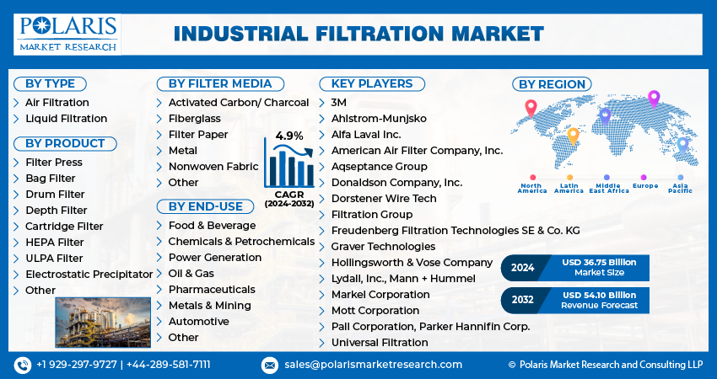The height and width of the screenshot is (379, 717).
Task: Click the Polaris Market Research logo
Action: [67, 33]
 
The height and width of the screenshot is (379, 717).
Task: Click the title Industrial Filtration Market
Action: [358, 34]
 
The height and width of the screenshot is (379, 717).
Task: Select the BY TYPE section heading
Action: [50, 83]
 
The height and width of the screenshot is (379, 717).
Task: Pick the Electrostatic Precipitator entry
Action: [89, 275]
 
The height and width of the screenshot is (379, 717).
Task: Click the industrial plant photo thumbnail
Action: [102, 323]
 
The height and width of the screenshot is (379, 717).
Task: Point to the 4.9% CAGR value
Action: [289, 136]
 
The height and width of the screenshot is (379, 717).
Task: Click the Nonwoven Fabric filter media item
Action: [213, 167]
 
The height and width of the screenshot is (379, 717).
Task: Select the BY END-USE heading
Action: [205, 206]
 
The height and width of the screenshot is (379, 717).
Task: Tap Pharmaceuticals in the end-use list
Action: [211, 290]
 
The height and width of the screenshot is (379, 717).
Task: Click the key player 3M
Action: [339, 102]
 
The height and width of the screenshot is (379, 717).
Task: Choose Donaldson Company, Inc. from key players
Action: [396, 183]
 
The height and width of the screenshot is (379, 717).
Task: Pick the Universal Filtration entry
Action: [380, 343]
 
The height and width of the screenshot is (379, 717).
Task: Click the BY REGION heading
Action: [552, 84]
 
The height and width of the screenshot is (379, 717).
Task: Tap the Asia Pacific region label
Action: [681, 188]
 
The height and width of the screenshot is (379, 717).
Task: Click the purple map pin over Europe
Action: [653, 99]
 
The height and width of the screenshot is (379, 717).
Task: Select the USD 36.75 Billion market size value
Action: [599, 263]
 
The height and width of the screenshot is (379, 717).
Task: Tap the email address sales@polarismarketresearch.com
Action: [373, 365]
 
